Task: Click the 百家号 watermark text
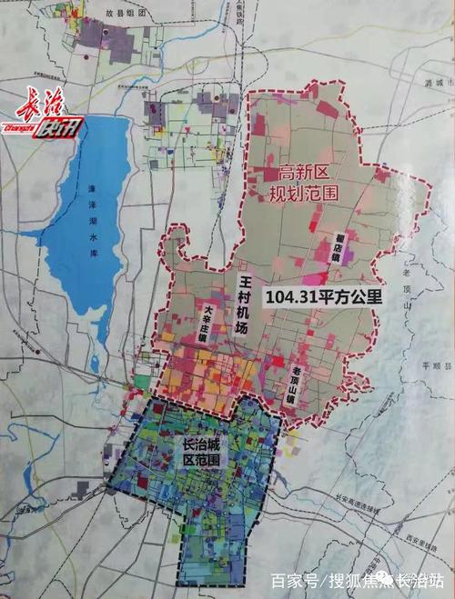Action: (291, 580)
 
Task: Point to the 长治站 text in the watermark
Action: (424, 580)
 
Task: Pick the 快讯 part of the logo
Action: (59, 128)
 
